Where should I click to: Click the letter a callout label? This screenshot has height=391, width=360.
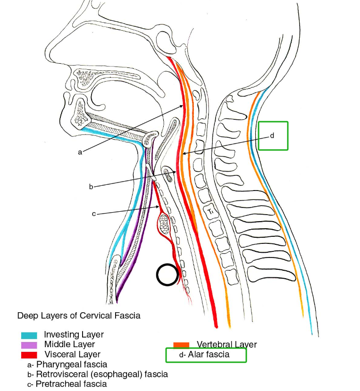(80, 152)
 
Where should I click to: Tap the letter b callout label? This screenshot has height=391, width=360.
(91, 187)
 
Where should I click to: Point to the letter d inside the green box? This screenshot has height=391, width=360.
(272, 135)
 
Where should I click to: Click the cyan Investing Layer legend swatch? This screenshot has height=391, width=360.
(29, 335)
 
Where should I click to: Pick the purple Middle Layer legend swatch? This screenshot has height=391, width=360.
(29, 345)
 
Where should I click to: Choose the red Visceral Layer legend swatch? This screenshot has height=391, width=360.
(29, 354)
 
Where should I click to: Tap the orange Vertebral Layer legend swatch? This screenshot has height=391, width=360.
(181, 345)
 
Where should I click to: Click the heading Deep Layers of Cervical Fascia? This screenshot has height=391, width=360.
(79, 316)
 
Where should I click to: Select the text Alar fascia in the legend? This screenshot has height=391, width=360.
(209, 355)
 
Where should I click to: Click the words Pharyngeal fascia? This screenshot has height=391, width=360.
(72, 365)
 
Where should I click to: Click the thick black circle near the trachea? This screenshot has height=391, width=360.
(167, 275)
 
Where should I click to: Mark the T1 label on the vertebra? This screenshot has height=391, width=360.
(212, 212)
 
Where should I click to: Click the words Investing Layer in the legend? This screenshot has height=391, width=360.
(74, 335)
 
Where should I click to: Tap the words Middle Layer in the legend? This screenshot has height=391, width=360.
(69, 345)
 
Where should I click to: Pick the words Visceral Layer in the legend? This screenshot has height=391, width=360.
(72, 354)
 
